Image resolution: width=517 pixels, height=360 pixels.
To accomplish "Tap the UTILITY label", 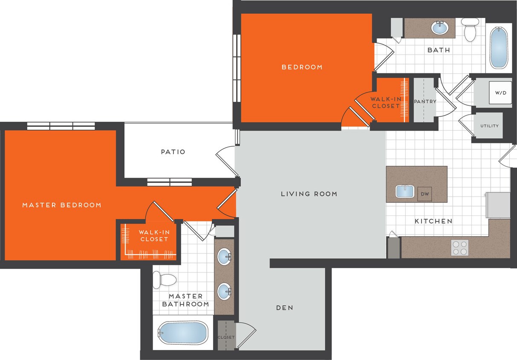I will click(489, 126).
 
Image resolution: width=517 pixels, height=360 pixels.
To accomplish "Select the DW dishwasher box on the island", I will click(425, 194).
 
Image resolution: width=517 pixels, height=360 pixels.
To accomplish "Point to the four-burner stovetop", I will click(459, 248).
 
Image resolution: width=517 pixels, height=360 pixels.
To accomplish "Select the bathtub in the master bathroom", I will click(182, 332).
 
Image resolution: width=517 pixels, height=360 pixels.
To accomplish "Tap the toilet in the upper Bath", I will click(470, 29).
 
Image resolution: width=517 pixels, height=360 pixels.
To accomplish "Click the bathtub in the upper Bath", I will click(498, 47).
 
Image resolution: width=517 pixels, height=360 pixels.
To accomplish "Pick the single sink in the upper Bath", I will click(439, 28).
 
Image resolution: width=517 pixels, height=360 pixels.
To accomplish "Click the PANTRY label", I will click(425, 102).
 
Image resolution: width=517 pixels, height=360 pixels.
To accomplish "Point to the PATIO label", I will click(173, 152).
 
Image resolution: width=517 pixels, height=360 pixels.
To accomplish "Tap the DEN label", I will click(284, 308).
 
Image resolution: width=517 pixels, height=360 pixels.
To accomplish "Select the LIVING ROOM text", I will click(309, 194).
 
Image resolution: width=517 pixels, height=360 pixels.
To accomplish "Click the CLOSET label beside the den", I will click(226, 337).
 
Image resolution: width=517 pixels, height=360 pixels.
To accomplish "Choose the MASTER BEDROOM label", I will click(62, 205).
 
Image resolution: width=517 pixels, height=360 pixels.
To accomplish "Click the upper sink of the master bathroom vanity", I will click(224, 257).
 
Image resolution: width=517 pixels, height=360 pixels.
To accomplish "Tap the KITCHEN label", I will click(433, 221).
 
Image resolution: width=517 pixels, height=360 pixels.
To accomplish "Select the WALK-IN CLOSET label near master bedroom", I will click(153, 236).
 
